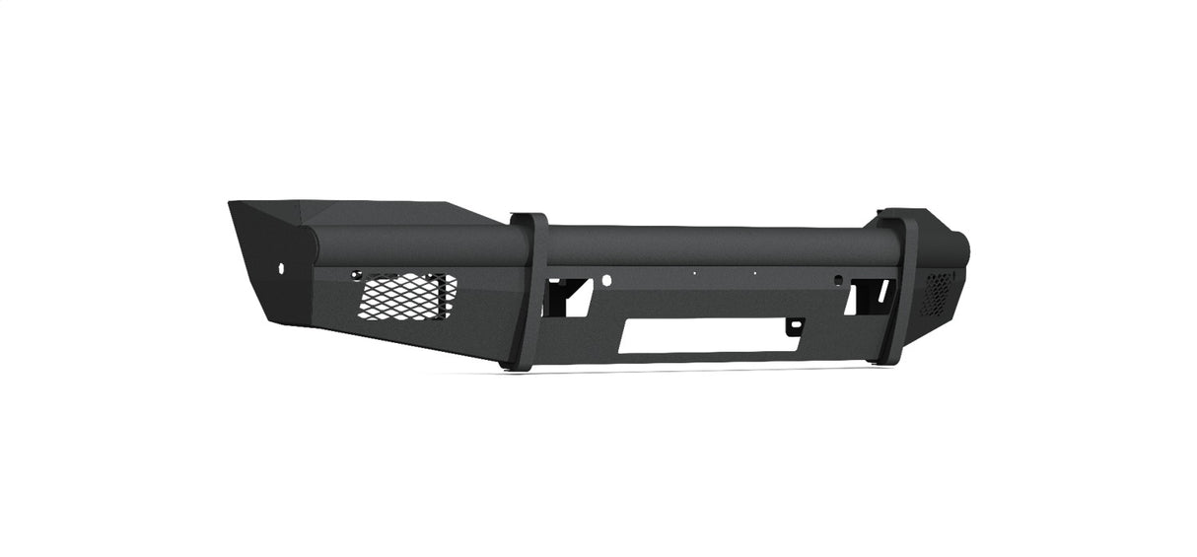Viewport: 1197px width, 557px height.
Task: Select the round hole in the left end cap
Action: click(282, 268)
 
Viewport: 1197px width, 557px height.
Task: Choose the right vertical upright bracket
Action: click(894, 291)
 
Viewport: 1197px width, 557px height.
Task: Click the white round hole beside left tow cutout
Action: click(606, 280)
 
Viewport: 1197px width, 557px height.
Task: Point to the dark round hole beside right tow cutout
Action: click(837, 279)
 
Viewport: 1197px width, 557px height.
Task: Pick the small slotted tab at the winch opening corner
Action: click(795, 323)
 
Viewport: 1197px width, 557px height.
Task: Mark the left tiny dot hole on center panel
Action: click(694, 274)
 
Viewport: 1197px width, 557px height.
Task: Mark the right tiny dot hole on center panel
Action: click(754, 274)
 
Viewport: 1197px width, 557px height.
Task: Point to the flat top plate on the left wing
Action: click(394, 212)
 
